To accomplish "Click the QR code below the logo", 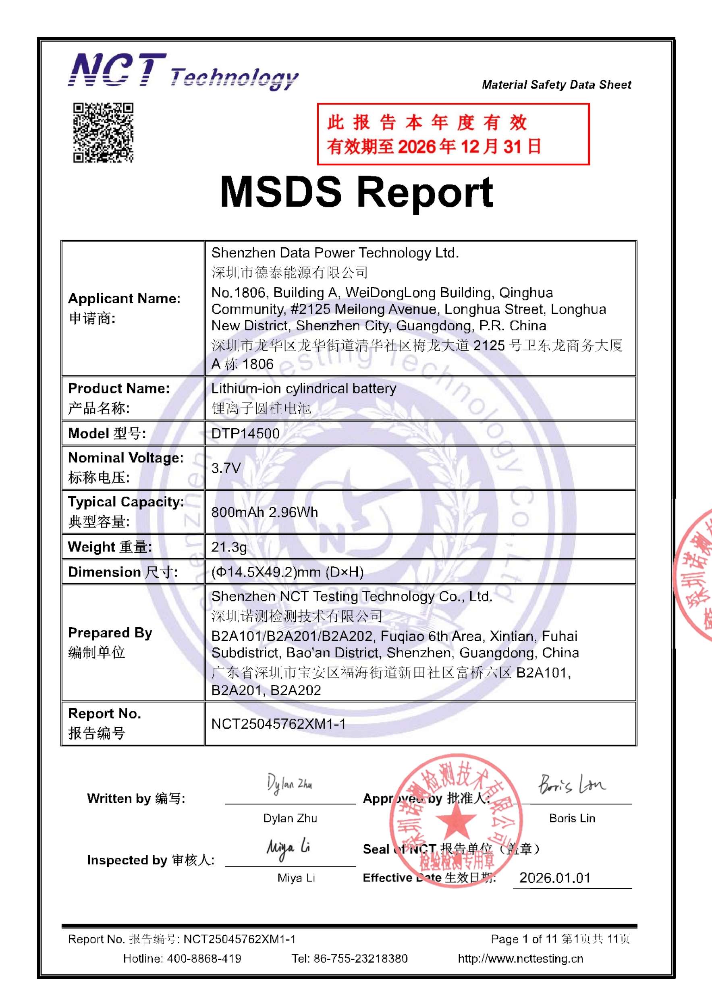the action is point(103,133).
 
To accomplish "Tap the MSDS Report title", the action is point(356,192).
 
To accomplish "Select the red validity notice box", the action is point(453,134).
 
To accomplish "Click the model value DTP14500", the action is point(245,433).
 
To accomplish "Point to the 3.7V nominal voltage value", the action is point(226,468).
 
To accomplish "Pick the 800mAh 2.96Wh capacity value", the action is point(265,512).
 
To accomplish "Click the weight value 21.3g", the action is point(228,547).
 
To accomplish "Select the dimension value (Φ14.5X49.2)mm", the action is point(287,572).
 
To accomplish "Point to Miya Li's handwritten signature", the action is point(288,849).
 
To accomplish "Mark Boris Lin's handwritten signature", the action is point(572,784).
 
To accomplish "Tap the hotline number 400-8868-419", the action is point(203,959).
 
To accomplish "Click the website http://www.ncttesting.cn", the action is point(520,959).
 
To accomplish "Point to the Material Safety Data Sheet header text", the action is point(556,85).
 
